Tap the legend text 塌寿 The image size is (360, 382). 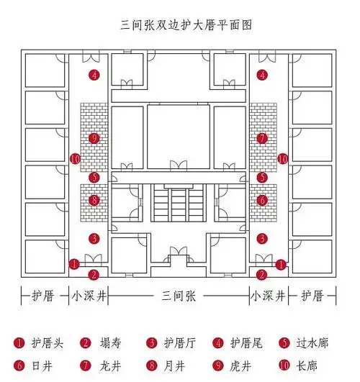pos(110,343)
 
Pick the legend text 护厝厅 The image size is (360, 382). pos(179,343)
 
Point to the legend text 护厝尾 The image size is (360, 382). pos(247,343)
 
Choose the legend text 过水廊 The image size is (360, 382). pos(314,343)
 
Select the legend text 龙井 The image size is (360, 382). pos(110,365)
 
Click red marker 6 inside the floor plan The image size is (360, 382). pos(262,200)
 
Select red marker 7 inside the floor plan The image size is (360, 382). pos(262,137)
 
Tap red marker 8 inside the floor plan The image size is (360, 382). pos(94,200)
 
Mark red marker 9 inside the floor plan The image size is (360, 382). pos(94,137)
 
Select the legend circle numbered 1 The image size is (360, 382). pos(19,343)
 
